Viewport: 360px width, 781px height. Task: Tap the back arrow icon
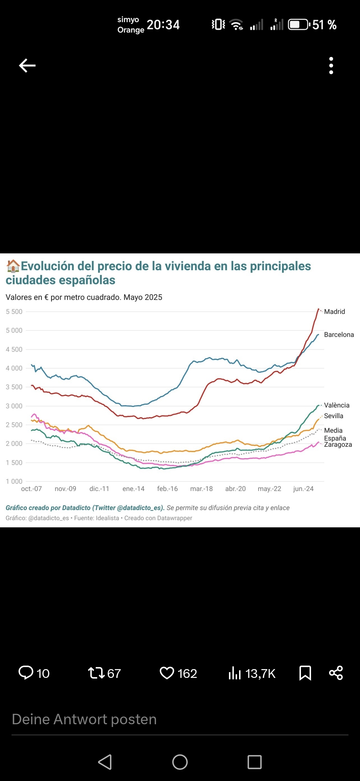pos(27,66)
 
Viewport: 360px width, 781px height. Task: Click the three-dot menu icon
pos(331,66)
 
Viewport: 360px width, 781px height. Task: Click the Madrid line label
pos(334,312)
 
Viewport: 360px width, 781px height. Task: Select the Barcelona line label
pos(339,335)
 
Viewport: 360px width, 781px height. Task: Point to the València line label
pos(337,405)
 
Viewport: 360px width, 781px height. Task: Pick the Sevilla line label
pos(333,416)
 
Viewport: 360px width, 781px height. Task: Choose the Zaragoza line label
pos(338,445)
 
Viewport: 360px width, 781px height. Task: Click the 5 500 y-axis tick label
pos(14,312)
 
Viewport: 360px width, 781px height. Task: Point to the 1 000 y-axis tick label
pos(14,482)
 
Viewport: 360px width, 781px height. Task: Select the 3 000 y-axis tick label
pos(14,406)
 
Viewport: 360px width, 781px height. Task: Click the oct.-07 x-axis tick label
pos(32,489)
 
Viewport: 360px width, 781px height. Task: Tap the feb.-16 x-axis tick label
pos(167,489)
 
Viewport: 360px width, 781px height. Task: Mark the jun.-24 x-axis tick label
pos(303,489)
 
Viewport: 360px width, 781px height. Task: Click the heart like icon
pos(167,673)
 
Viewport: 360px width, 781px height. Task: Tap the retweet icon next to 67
pos(96,673)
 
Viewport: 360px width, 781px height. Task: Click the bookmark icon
pos(305,673)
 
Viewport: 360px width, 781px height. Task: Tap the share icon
pos(336,673)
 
